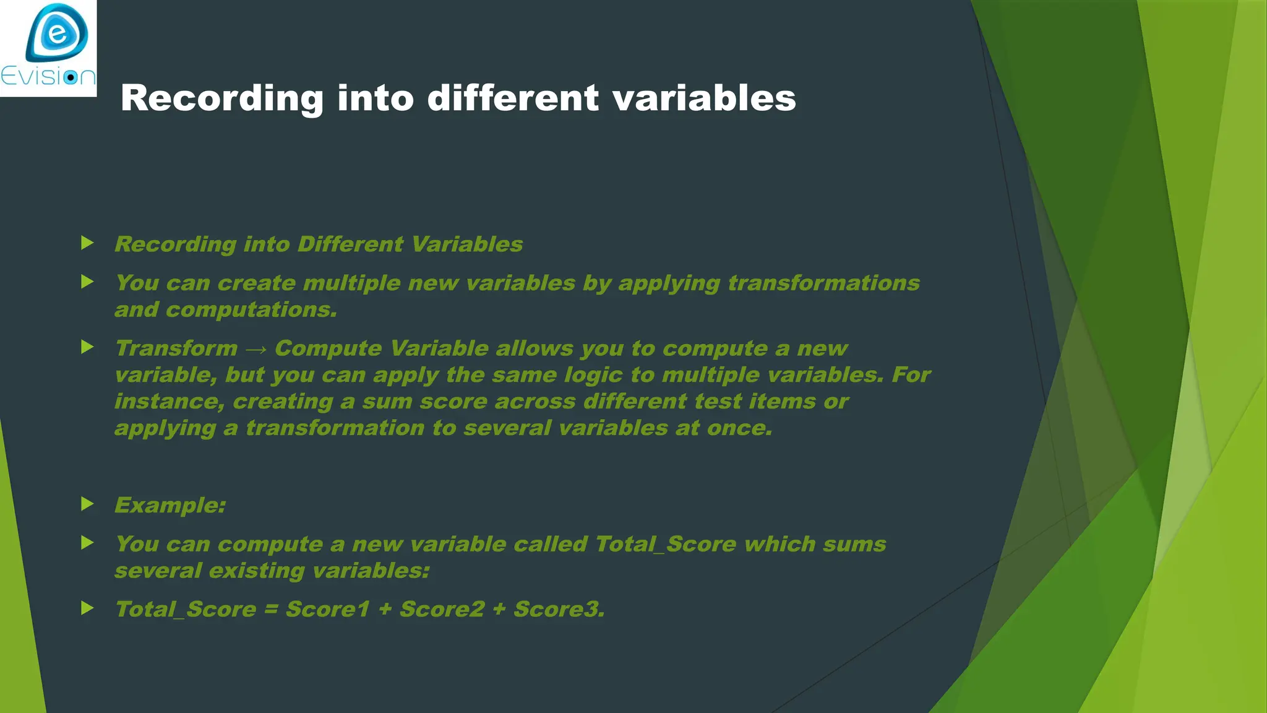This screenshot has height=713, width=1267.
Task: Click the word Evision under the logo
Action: (48, 77)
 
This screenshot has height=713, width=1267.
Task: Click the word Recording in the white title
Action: (221, 98)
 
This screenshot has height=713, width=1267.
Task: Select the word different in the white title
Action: (513, 98)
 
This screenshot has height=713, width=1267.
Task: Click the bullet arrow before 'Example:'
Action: (87, 504)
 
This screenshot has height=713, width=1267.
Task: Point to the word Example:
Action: (170, 506)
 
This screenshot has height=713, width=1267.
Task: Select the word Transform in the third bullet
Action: (176, 348)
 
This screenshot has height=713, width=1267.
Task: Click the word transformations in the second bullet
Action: (823, 283)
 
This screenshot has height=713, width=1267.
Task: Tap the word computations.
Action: (251, 310)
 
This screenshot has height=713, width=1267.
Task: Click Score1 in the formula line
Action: (327, 610)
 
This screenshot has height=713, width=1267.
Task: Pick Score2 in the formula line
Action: (442, 610)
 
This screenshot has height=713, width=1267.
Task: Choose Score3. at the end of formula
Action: (559, 610)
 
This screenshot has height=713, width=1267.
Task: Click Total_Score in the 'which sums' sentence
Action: (665, 545)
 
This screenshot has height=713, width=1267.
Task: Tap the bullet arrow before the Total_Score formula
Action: (87, 608)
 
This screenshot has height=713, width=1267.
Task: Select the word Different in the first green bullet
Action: (350, 244)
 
